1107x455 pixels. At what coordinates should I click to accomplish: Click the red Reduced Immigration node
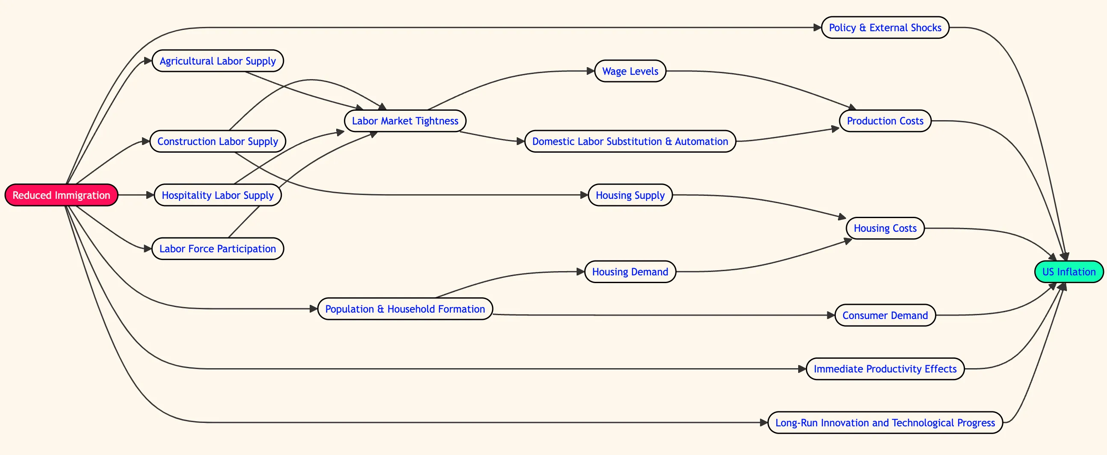61,195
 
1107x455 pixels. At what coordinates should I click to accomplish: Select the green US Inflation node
1069,272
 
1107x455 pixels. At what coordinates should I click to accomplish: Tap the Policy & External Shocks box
885,27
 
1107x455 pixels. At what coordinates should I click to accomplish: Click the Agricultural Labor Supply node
217,61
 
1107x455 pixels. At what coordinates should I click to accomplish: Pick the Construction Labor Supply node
217,141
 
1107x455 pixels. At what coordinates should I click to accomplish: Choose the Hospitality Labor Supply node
217,195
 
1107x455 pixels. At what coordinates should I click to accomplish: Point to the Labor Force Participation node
217,248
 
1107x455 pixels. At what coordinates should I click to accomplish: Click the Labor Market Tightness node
405,121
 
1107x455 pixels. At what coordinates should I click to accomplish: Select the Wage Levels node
630,71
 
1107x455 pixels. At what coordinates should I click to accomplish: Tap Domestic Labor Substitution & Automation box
630,141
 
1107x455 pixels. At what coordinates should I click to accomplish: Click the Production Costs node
885,121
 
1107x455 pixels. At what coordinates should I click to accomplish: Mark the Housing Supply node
630,195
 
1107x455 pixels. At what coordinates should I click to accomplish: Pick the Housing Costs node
885,228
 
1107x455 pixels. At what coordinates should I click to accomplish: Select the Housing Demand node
630,272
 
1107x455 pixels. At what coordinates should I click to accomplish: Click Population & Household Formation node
405,308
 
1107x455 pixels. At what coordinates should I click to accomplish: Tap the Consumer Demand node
885,315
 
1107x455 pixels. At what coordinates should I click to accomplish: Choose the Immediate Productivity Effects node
885,369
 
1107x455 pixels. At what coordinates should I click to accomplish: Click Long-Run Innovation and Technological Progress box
885,422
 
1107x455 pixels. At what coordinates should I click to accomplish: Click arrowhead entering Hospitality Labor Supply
151,195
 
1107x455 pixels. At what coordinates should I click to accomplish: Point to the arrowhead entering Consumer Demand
831,315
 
